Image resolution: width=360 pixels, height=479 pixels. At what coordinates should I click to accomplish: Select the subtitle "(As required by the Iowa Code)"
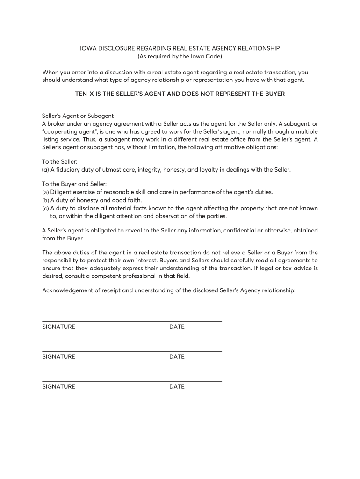(x=180, y=57)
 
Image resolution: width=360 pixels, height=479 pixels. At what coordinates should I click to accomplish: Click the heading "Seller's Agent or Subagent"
(x=78, y=116)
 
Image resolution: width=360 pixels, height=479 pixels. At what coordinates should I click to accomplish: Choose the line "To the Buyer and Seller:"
(x=75, y=184)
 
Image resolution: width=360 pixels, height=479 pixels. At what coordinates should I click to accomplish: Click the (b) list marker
(x=45, y=200)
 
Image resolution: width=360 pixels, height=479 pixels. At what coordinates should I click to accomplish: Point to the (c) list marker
(x=45, y=208)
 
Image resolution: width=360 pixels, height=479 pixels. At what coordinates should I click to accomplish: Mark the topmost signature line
(x=132, y=321)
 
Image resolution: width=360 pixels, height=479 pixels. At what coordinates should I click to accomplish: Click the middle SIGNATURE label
(x=58, y=357)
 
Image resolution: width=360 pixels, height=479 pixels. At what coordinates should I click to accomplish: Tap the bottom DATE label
(x=177, y=387)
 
